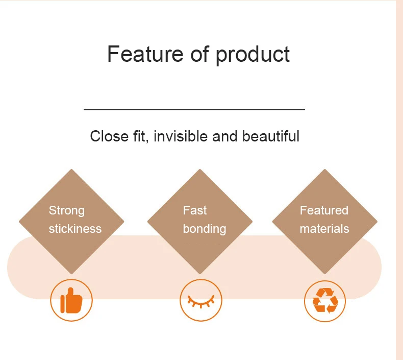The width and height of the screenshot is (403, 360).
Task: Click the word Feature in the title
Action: [145, 54]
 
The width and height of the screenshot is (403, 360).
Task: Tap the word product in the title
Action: [253, 55]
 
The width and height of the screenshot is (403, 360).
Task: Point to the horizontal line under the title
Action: [194, 109]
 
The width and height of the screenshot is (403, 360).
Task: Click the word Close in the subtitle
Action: [109, 136]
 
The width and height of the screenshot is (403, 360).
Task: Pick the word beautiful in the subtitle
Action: [271, 136]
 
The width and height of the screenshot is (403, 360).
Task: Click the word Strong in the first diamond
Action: [66, 211]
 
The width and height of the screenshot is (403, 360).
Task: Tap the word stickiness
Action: [75, 229]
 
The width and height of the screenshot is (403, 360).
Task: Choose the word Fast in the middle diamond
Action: [194, 210]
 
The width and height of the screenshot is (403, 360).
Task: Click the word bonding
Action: [205, 229]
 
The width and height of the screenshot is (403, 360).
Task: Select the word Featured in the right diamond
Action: [324, 210]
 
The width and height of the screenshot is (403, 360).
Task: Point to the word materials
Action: [324, 229]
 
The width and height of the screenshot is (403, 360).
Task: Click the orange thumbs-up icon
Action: [71, 300]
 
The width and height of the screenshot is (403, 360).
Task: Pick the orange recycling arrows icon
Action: [325, 301]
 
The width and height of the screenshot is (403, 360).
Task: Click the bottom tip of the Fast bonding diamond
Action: [199, 274]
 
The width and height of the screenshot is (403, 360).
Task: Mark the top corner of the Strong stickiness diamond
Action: [71, 169]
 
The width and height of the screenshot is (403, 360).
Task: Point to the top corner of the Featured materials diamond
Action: [324, 169]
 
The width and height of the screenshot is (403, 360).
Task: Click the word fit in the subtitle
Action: [141, 136]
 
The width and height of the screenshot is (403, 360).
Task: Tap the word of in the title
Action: [199, 54]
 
